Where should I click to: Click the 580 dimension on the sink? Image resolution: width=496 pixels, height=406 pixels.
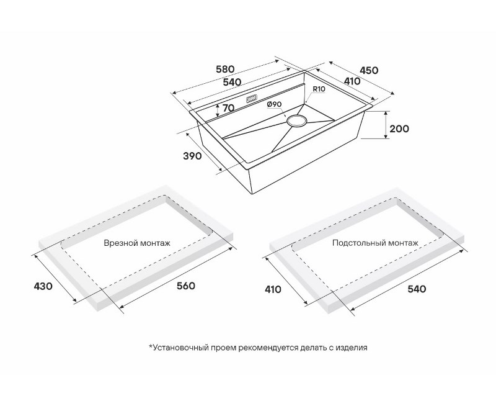[224, 69]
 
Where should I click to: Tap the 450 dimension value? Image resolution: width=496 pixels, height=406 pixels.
[369, 70]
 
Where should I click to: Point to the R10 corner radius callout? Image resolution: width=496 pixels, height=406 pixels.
[319, 89]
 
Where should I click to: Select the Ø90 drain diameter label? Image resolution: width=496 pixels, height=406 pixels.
[274, 104]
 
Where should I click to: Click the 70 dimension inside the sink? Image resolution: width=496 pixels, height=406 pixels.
[228, 108]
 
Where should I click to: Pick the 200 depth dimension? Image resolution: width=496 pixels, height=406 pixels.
[399, 129]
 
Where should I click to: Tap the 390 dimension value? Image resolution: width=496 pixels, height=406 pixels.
[192, 156]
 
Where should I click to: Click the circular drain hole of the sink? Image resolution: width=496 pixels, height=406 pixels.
[296, 121]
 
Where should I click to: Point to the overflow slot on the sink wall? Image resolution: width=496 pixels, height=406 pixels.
[252, 99]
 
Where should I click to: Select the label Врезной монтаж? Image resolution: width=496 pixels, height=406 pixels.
[137, 243]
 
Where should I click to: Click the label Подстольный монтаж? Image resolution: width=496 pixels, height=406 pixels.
[375, 243]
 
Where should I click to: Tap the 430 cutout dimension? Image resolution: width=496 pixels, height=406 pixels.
[43, 286]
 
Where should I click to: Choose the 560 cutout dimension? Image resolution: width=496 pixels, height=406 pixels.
[185, 286]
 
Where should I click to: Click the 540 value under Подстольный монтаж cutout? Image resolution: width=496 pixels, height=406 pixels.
[417, 289]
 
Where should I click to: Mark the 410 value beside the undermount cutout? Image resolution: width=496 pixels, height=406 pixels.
[273, 289]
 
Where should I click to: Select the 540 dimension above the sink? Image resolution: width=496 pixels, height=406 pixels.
[232, 82]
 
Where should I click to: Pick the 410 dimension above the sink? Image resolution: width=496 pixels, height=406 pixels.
[352, 81]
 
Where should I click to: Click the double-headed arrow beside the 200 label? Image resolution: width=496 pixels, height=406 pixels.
[386, 125]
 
